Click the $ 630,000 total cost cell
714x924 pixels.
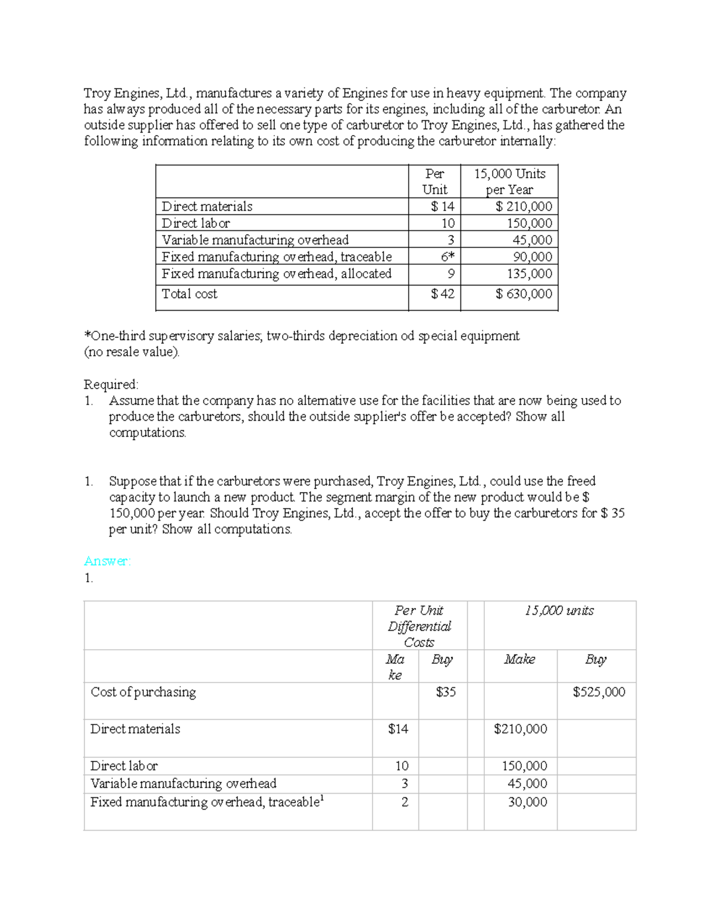tap(524, 294)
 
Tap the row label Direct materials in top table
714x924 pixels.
tap(207, 206)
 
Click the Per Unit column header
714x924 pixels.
tap(434, 181)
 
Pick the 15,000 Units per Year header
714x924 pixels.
tap(509, 181)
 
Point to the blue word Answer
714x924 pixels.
tap(107, 561)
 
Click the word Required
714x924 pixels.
tap(111, 384)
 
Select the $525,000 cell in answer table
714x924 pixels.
tap(599, 692)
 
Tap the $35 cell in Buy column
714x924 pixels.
tap(446, 692)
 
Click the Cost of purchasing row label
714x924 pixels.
tap(143, 692)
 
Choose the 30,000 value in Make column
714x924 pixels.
tap(527, 802)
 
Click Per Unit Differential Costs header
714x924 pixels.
tap(419, 626)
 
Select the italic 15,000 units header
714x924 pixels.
tap(559, 610)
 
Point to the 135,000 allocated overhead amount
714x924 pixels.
tap(529, 274)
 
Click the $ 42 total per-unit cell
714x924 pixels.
tap(443, 294)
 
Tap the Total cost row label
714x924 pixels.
tap(189, 294)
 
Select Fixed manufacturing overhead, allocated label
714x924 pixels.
tap(277, 274)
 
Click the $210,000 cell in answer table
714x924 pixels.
tap(520, 729)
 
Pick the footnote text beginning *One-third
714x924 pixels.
tap(302, 336)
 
